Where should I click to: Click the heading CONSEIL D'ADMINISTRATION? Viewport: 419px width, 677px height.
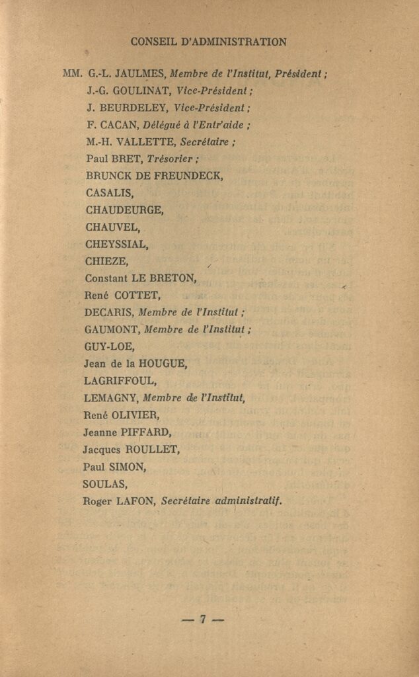pos(209,42)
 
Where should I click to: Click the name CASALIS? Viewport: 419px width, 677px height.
pos(110,193)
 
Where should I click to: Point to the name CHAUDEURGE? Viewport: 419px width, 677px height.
pos(124,210)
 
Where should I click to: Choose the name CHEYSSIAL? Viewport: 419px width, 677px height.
pos(116,244)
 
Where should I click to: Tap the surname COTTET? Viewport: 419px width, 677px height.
pos(136,296)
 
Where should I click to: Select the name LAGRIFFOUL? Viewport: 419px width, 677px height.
pos(120,381)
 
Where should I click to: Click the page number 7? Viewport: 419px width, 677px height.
pos(203,619)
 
